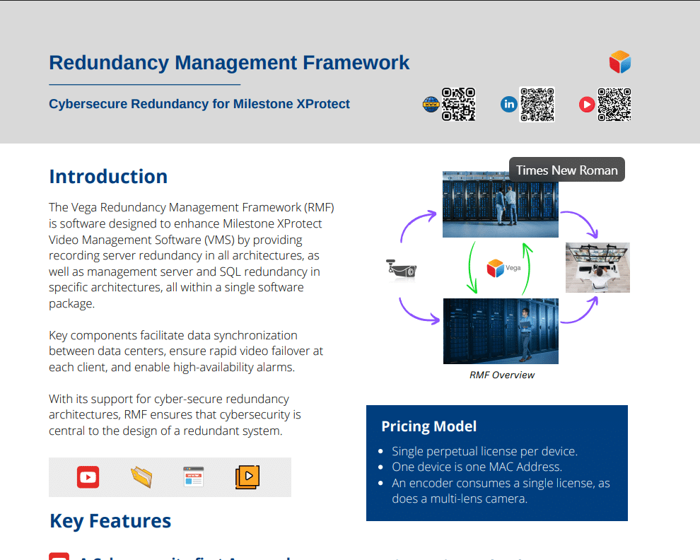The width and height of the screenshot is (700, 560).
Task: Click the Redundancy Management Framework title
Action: pos(229,62)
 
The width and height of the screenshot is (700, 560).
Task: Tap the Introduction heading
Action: pos(108,177)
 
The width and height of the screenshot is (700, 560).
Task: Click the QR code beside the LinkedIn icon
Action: pos(537,105)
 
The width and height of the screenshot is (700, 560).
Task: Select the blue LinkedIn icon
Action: pos(509,105)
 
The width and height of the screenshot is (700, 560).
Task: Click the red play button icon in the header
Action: pos(586,105)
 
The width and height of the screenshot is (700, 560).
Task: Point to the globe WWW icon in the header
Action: pos(431,105)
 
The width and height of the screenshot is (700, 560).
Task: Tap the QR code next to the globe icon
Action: pos(458,105)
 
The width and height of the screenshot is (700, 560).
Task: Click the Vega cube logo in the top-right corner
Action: pos(619,62)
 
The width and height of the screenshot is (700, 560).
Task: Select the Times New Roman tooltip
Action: pos(567,170)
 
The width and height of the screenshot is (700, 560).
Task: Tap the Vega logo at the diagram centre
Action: pos(501,268)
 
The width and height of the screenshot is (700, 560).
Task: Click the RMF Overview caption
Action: pos(502,375)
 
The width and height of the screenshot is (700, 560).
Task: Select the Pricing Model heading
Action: pos(428,426)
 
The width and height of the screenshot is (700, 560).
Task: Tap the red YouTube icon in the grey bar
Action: pos(88,477)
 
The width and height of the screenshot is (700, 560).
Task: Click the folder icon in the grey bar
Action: pos(141,477)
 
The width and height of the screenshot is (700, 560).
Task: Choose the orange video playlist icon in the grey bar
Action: pos(247,477)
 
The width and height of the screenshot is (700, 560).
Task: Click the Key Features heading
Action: pos(110,521)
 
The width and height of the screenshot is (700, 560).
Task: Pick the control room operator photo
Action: pos(597,267)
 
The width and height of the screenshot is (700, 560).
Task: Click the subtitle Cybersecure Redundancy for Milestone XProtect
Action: pos(199,104)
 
